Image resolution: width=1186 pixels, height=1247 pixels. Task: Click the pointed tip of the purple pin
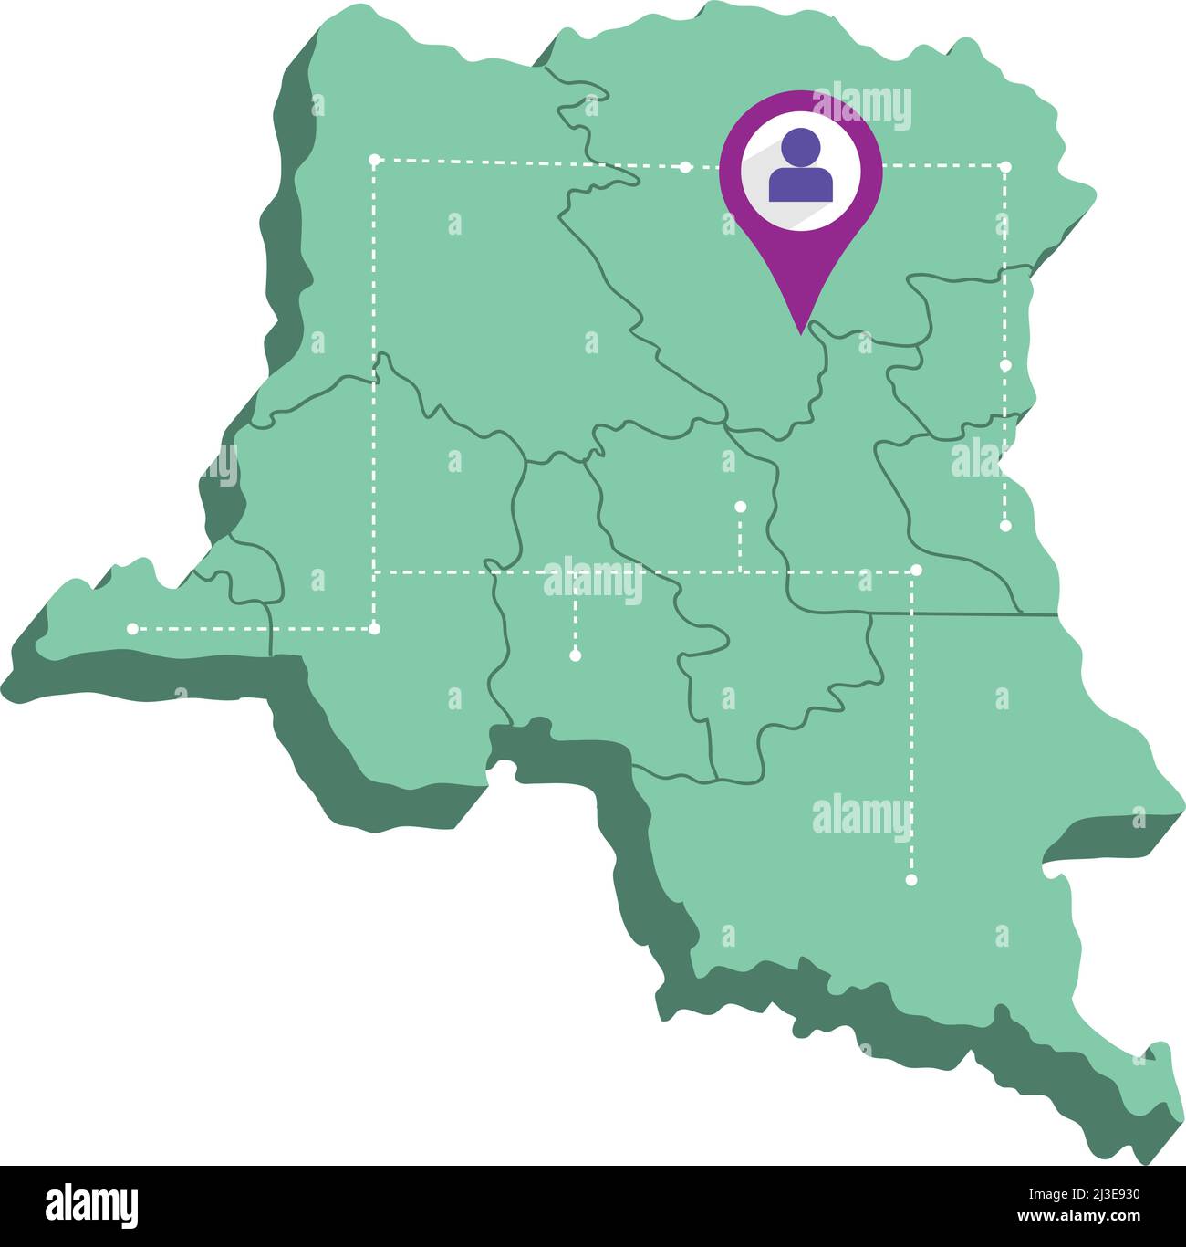800,332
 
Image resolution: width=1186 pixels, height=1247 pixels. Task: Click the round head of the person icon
801,146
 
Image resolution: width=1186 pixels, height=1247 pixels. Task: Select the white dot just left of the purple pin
685,167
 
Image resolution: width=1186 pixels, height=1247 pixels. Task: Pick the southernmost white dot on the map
910,880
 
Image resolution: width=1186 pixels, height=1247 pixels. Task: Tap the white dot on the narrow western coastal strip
132,628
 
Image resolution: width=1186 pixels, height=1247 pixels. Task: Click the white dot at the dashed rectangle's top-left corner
374,160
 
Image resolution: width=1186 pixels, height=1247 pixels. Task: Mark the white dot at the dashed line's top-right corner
1005,167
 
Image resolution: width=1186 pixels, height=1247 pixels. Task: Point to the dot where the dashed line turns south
916,571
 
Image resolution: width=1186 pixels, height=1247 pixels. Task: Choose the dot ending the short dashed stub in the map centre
740,506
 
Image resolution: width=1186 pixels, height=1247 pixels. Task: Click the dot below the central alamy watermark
575,655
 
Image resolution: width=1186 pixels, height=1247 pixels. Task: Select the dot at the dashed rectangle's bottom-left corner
374,628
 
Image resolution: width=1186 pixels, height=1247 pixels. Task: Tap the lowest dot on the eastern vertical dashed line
1005,526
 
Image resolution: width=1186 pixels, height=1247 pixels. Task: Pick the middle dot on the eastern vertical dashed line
1005,364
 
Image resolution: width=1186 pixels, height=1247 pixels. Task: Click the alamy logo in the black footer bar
91,1206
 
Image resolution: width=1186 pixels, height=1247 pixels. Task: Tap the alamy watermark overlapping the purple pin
861,107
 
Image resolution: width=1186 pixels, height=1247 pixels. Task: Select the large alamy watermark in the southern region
861,816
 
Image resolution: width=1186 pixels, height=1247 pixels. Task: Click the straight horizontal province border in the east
949,613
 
